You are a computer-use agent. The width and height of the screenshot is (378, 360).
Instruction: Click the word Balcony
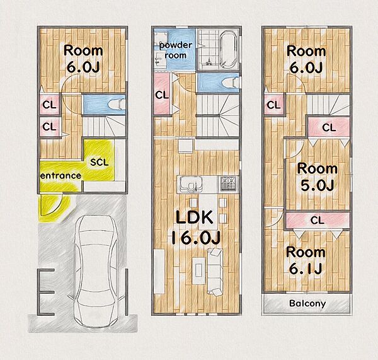[307, 303]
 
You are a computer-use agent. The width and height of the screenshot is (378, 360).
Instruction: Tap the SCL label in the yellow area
[100, 162]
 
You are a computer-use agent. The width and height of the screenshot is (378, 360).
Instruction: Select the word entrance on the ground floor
[60, 175]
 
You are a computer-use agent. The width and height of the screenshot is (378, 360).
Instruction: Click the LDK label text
[194, 217]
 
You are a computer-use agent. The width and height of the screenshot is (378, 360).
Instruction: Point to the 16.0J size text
[196, 237]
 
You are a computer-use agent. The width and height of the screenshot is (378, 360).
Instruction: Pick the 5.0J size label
[318, 185]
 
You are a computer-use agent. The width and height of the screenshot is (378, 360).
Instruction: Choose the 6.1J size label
[306, 269]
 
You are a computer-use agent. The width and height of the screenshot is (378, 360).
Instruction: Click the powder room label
[176, 50]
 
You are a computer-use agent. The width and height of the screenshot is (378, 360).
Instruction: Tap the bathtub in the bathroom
[228, 49]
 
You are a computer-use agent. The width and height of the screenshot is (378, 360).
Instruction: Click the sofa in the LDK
[215, 272]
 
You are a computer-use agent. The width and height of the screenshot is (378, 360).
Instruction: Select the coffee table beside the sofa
[198, 270]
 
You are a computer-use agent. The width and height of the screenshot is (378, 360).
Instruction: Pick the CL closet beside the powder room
[162, 94]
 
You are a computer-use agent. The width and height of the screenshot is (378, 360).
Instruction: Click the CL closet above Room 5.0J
[329, 127]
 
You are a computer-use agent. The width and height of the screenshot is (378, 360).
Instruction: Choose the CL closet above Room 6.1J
[318, 220]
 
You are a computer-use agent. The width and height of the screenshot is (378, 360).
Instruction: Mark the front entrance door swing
[54, 206]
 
